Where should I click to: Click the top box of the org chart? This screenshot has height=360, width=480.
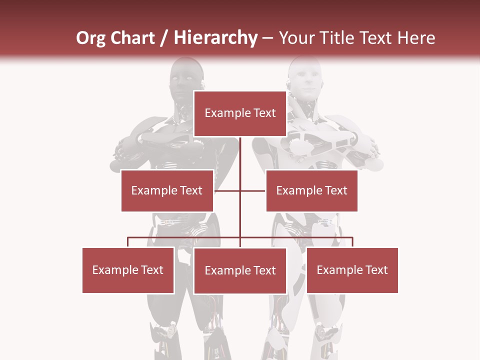pyautogui.click(x=240, y=113)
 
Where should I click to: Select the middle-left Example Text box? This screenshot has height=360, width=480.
pyautogui.click(x=167, y=190)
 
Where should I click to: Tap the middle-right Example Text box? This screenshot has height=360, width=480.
pyautogui.click(x=311, y=190)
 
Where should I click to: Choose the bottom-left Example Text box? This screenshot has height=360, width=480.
pyautogui.click(x=128, y=270)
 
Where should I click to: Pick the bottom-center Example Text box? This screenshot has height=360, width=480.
pyautogui.click(x=240, y=270)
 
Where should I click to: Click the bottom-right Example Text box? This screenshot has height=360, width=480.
pyautogui.click(x=352, y=270)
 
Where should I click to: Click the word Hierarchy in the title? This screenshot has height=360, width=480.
pyautogui.click(x=215, y=38)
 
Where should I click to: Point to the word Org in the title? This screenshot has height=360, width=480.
pyautogui.click(x=91, y=38)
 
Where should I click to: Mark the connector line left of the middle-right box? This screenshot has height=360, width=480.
pyautogui.click(x=253, y=190)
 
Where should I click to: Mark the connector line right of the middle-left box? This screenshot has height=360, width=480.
pyautogui.click(x=227, y=190)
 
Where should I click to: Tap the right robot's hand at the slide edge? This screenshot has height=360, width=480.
pyautogui.click(x=372, y=147)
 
